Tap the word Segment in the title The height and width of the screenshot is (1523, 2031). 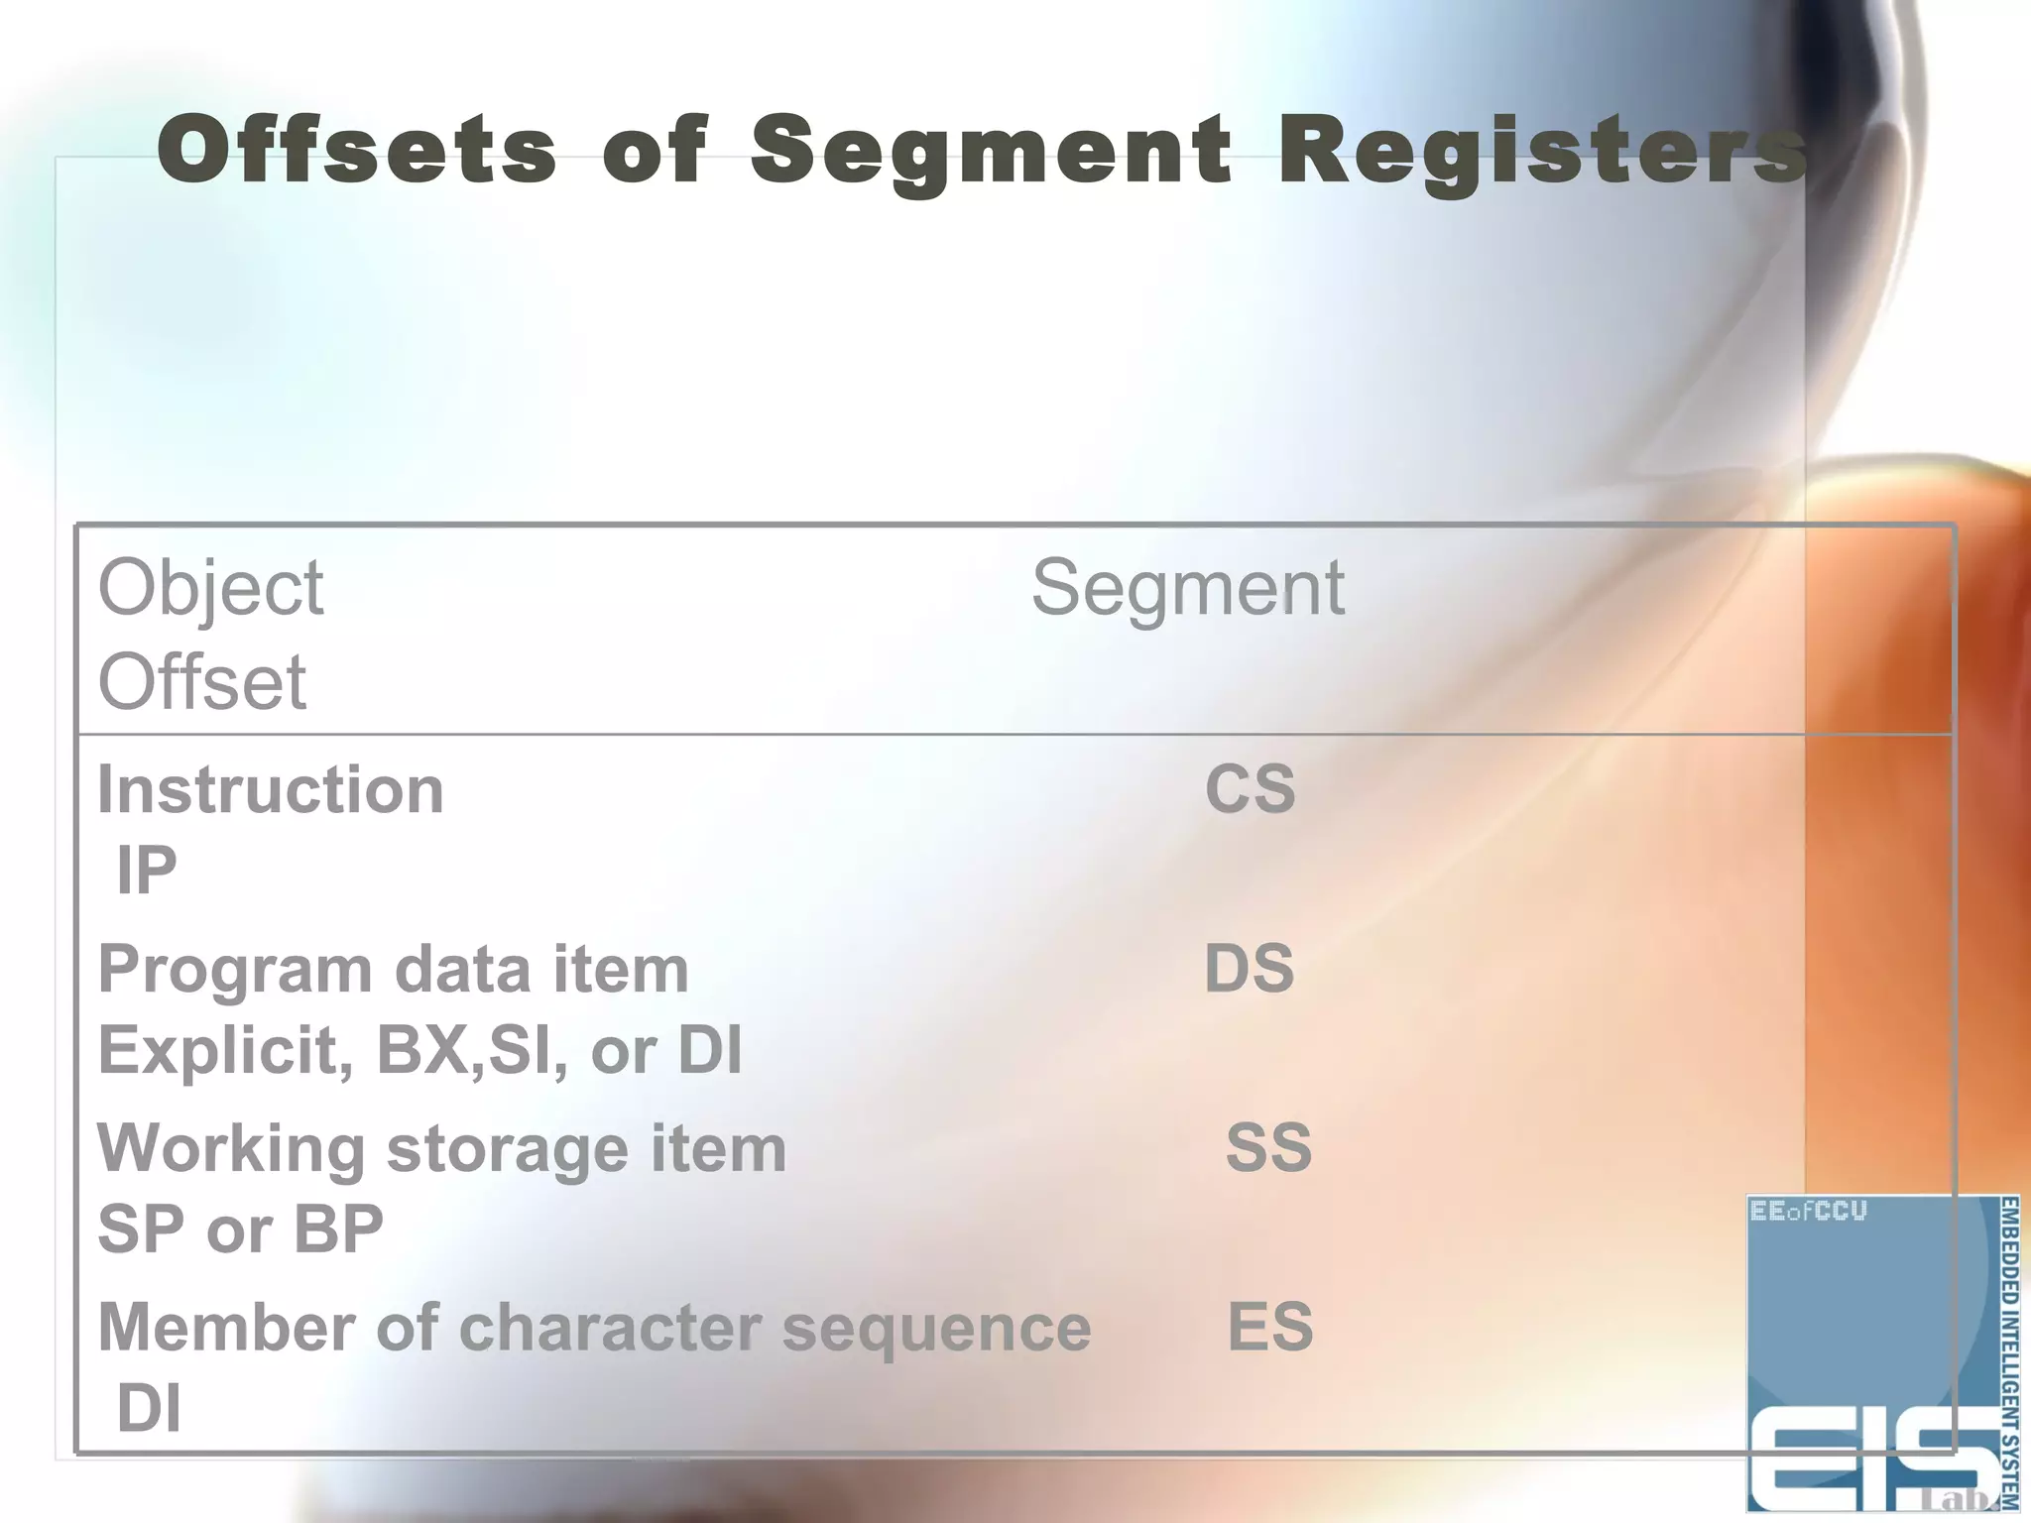(990, 151)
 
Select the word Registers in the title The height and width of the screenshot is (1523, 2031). (1542, 151)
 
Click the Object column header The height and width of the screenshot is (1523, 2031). (210, 587)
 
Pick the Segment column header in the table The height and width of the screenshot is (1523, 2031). (1187, 587)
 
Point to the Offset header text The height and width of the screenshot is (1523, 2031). (202, 682)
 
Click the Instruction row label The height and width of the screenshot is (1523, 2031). (270, 790)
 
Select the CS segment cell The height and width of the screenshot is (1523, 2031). (1250, 790)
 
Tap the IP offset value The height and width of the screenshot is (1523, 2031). (147, 871)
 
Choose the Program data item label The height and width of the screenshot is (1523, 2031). (393, 969)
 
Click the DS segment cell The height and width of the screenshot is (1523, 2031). (1249, 969)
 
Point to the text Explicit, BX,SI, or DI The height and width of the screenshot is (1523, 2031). (419, 1050)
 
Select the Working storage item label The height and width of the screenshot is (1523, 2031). (441, 1148)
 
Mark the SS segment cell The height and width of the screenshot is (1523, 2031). (1268, 1148)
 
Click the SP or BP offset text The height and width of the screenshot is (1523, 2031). (240, 1230)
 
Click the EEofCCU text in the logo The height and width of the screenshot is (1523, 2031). (1808, 1212)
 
